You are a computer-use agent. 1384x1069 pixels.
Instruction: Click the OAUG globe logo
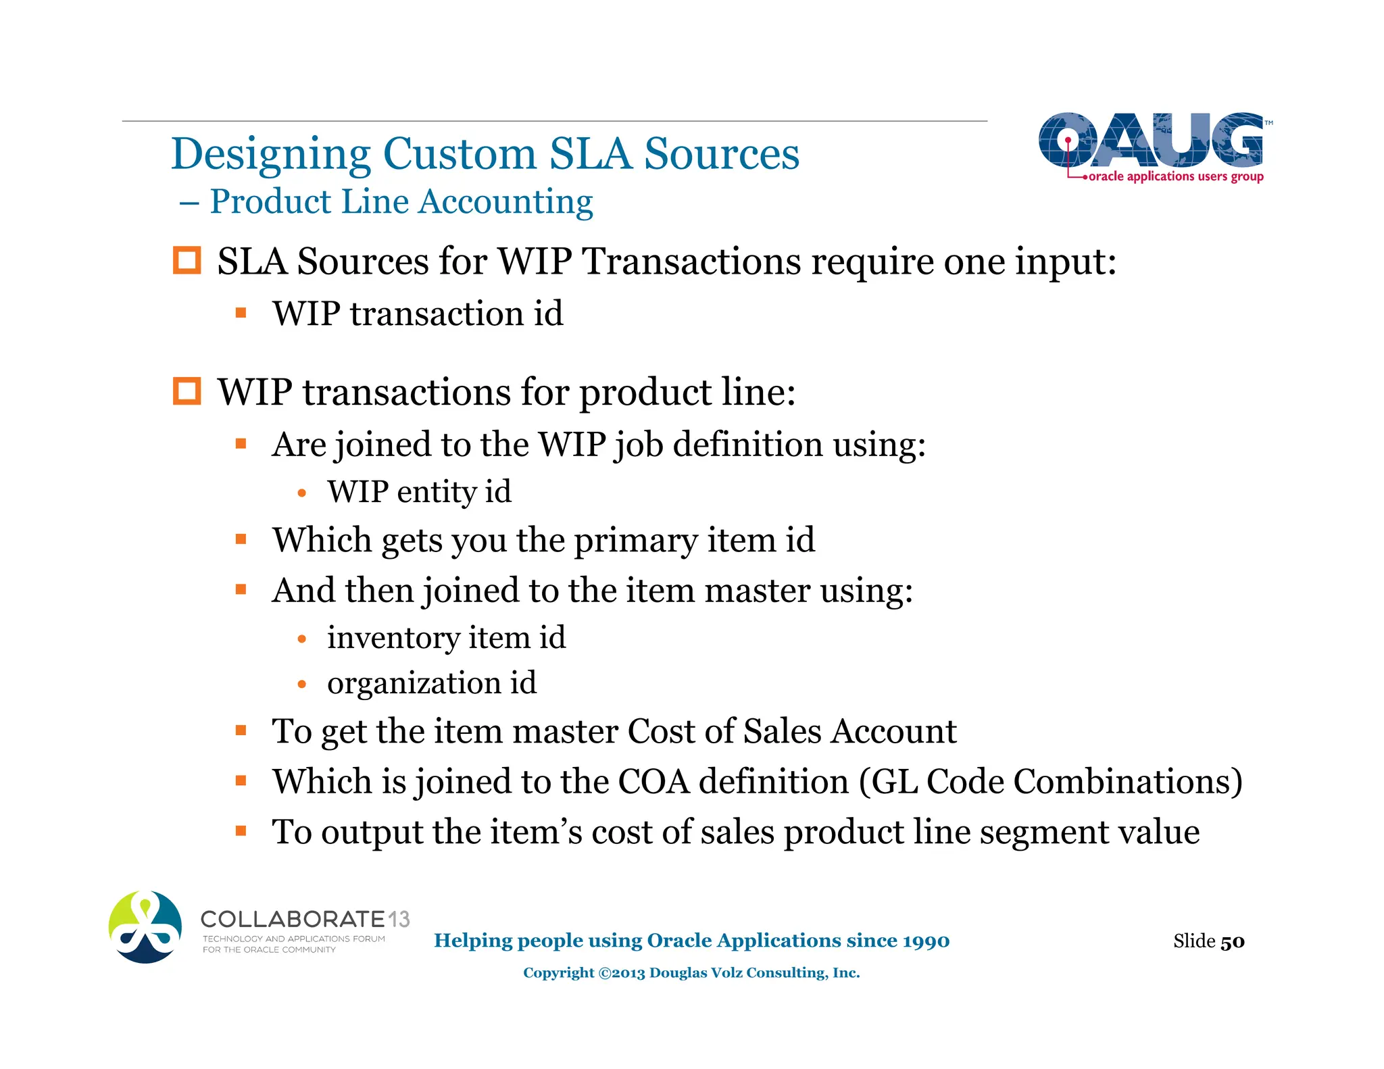[x=1151, y=141]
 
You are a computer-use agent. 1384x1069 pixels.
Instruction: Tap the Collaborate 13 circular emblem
[x=145, y=927]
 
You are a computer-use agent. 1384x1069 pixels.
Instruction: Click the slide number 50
[x=1233, y=941]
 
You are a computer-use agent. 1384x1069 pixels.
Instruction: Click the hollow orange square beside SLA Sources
[x=187, y=261]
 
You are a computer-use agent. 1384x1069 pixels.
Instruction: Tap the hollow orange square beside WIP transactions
[x=187, y=391]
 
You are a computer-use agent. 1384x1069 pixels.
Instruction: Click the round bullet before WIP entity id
[x=302, y=493]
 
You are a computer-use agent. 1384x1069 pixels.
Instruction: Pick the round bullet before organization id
[x=302, y=685]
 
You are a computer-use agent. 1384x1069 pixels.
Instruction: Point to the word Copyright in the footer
[x=558, y=973]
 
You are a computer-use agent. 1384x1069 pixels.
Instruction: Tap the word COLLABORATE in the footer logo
[x=293, y=919]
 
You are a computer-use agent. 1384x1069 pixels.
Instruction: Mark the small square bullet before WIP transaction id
[x=241, y=313]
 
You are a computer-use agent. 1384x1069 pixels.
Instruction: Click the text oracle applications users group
[x=1176, y=176]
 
